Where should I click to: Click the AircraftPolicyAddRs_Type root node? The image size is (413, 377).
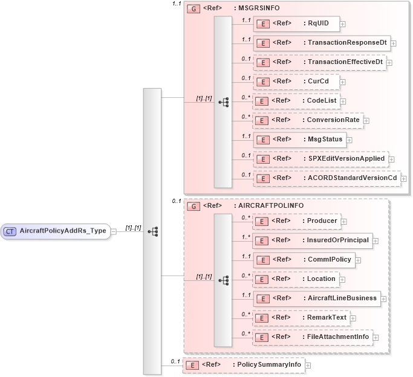[56, 231]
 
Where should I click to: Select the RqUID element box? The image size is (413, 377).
[296, 24]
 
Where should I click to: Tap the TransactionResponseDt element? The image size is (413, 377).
[320, 43]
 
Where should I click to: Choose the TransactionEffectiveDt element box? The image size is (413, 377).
[319, 62]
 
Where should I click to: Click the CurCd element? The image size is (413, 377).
[295, 82]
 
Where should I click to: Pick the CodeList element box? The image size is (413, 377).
[295, 101]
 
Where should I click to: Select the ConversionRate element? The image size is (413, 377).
[307, 120]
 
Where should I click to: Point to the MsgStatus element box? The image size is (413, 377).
[299, 140]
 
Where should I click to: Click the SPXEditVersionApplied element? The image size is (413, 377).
[320, 159]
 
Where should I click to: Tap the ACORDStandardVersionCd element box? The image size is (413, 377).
[326, 178]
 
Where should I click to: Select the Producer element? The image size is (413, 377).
[296, 221]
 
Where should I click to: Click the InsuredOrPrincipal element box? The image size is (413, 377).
[311, 240]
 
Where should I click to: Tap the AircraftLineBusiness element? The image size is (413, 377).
[316, 298]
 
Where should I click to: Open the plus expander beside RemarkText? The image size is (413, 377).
[353, 318]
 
